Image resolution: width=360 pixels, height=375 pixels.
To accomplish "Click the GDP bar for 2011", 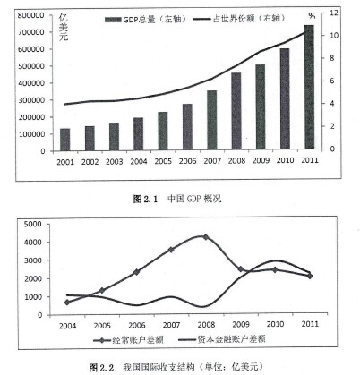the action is coord(309,87).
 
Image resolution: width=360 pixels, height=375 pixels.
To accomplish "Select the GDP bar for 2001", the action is coord(64,140).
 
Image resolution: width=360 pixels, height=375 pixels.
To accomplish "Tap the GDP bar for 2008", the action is coord(236,111).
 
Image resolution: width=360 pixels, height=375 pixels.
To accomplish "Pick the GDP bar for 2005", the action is coord(163,131).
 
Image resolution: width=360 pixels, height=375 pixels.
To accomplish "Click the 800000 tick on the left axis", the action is coord(30,15).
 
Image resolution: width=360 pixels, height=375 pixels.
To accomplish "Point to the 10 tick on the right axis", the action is coord(334,36).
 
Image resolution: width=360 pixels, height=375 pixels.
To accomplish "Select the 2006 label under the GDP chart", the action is coord(187,161).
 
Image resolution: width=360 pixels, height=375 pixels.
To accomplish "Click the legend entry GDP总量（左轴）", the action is coord(146,20).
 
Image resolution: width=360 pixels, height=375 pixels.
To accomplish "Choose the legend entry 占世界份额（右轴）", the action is coord(239,19).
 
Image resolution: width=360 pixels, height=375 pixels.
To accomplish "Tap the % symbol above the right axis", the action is coord(312,16).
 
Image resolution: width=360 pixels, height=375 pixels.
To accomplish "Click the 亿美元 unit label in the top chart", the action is coord(64,27).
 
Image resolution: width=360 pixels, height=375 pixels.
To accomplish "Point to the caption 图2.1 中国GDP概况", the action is coord(177,199).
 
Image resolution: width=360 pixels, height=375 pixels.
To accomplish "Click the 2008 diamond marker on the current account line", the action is coord(205,237).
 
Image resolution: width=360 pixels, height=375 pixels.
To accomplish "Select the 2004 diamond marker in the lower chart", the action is coord(67,303).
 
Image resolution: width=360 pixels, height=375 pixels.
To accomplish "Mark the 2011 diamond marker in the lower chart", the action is coord(310,276).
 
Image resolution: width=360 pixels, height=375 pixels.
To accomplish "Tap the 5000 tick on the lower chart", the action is coord(33,224).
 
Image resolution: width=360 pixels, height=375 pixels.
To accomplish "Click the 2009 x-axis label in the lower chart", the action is coord(241,324).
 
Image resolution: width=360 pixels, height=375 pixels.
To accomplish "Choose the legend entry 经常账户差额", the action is coord(128,340).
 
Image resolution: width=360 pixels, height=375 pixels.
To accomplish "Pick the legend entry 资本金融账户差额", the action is coord(221,339).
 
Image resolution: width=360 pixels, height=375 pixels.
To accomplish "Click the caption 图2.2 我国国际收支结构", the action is coord(176,367).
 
